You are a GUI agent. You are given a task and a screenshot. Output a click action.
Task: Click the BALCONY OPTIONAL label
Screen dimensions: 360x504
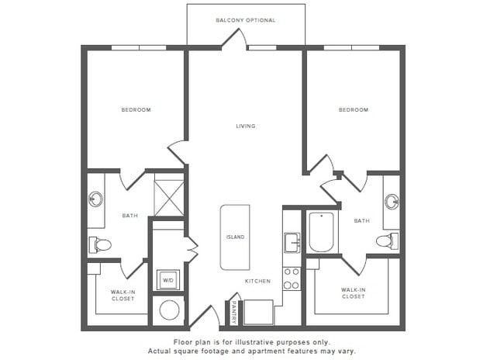(x=245, y=20)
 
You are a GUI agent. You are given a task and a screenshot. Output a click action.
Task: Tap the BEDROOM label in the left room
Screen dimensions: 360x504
(x=136, y=110)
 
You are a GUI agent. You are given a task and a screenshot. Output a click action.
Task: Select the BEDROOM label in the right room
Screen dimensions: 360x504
(x=353, y=110)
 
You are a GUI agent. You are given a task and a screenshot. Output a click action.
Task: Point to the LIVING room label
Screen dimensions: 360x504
(x=246, y=126)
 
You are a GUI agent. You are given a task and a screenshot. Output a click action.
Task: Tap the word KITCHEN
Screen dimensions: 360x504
(x=257, y=281)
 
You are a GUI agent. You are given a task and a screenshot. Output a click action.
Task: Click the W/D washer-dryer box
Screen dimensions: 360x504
(x=168, y=279)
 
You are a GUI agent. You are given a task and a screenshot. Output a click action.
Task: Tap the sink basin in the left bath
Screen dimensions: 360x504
(x=96, y=199)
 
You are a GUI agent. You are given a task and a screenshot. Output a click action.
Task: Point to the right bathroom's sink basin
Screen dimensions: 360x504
(x=392, y=202)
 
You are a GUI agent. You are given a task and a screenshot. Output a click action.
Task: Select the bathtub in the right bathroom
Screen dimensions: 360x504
(x=321, y=231)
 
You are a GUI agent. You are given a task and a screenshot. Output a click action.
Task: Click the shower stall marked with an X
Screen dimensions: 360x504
(x=168, y=197)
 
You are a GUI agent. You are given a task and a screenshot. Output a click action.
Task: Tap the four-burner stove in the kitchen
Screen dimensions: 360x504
(x=292, y=279)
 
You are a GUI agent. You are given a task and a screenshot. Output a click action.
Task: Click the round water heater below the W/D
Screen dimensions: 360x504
(x=168, y=311)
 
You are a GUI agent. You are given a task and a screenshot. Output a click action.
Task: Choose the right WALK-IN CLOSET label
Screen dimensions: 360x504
(x=353, y=292)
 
